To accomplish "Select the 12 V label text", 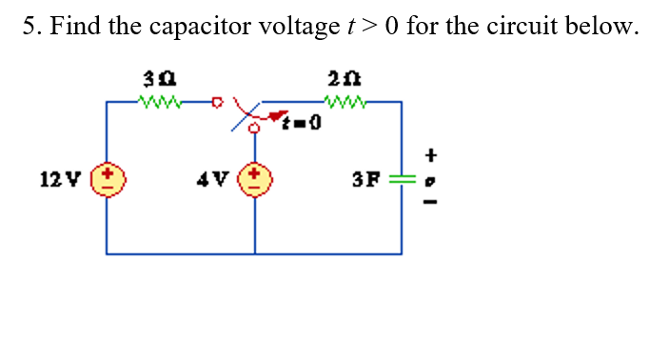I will click(x=54, y=178).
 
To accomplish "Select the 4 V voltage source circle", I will click(x=255, y=178).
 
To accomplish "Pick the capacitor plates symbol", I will click(x=401, y=178).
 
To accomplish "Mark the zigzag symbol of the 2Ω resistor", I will click(x=339, y=98).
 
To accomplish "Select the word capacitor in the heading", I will click(x=196, y=26).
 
